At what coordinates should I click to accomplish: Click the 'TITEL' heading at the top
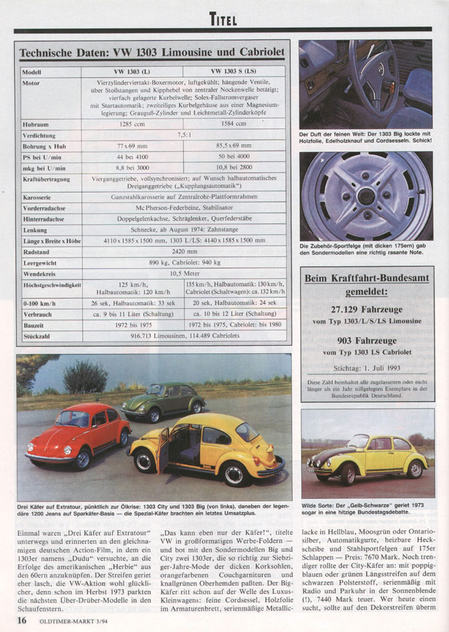click(223, 19)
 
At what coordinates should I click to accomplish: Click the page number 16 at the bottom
click(23, 619)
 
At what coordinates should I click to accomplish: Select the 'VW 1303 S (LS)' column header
click(235, 71)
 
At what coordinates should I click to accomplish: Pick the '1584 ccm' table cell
click(235, 124)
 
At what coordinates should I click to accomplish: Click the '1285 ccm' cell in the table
click(133, 124)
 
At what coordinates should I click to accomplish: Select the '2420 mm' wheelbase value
click(184, 252)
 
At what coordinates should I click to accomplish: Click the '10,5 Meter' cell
click(184, 274)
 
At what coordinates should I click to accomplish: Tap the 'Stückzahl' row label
click(39, 336)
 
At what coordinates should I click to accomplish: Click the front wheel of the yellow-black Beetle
click(348, 473)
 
